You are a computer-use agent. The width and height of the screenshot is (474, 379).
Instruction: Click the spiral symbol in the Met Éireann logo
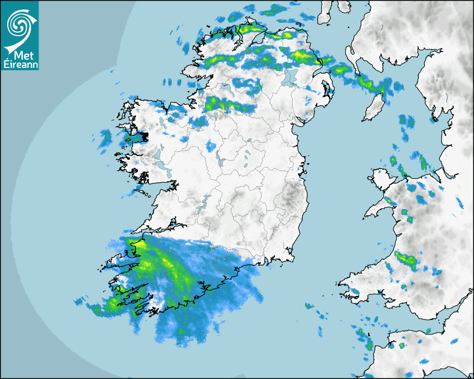pyautogui.click(x=20, y=23)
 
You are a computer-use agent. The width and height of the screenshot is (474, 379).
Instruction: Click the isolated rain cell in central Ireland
pyautogui.click(x=210, y=146)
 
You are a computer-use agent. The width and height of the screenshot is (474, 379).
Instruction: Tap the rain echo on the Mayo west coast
pyautogui.click(x=105, y=138)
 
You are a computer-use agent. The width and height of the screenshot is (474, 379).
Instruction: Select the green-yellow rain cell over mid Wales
pyautogui.click(x=406, y=260)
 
